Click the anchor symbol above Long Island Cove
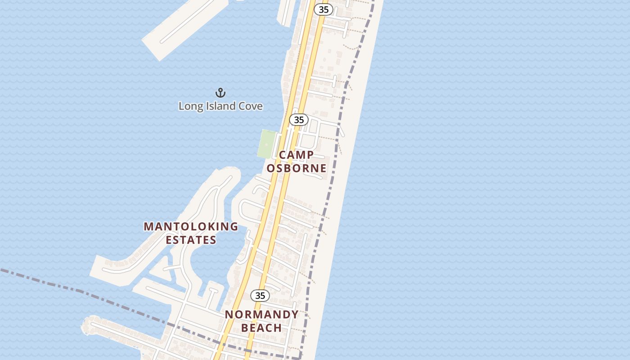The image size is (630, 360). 220,93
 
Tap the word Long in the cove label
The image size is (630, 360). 188,106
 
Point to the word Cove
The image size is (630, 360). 250,106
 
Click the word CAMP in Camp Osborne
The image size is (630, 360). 297,155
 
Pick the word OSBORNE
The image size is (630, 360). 297,168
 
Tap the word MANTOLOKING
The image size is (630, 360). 191,227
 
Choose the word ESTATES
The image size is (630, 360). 191,240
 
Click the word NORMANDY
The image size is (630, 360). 261,315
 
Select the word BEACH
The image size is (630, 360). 261,328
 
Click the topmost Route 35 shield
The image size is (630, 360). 323,9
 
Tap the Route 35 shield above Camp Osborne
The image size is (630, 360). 299,120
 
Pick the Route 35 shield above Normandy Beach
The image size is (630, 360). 260,295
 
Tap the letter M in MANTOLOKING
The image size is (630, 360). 148,227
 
